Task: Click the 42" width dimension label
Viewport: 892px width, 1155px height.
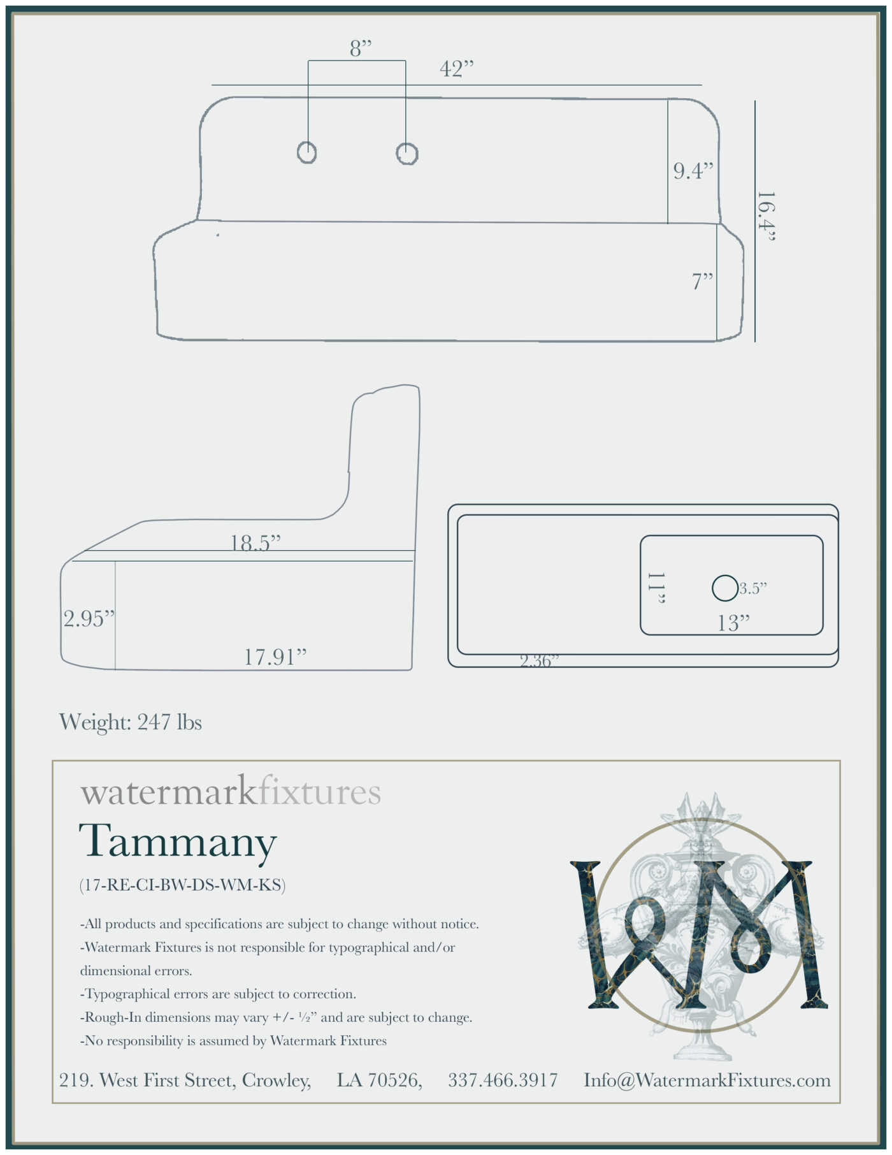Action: (x=457, y=68)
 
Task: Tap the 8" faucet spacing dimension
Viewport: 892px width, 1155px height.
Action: (x=360, y=48)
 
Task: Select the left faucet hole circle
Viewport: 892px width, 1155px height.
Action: (x=307, y=152)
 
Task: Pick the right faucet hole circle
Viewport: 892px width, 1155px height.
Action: (x=406, y=153)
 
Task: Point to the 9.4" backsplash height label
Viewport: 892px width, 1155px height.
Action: (x=693, y=170)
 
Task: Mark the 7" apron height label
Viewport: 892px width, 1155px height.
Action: (x=703, y=280)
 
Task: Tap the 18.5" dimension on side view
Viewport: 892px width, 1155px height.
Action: (x=255, y=542)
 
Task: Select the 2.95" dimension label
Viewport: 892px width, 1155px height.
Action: (x=89, y=618)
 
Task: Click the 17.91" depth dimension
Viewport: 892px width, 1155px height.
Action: (x=275, y=657)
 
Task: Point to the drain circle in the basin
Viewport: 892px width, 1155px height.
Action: (x=724, y=588)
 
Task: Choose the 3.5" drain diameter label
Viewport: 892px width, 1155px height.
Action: (x=752, y=588)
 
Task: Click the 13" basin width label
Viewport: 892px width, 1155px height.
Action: (x=733, y=623)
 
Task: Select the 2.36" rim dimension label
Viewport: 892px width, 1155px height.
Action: (x=539, y=661)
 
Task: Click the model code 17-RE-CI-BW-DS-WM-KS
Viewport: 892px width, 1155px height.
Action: (x=182, y=885)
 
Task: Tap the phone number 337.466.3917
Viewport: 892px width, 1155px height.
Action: (x=503, y=1080)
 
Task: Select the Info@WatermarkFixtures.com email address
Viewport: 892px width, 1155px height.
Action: (x=707, y=1080)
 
